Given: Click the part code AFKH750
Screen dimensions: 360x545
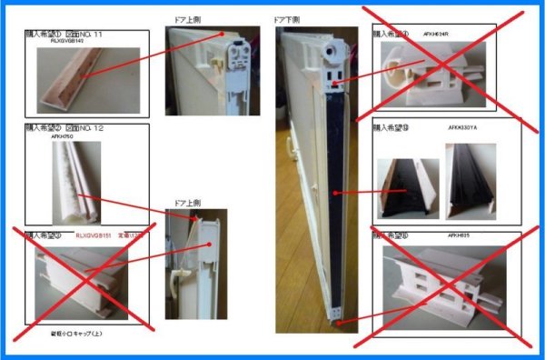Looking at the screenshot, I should coord(61,136).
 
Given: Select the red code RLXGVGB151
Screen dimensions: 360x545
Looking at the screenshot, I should coord(96,235).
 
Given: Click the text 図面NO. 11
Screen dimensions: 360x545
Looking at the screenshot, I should coord(84,33).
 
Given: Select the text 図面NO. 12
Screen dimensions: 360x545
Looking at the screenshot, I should coord(84,128).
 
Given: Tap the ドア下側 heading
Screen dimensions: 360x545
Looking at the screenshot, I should coord(287,17).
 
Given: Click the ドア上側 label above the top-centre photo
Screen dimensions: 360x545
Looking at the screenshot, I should coord(187,17).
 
